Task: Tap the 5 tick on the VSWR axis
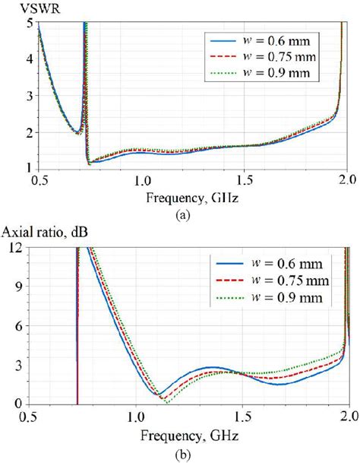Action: tap(30, 22)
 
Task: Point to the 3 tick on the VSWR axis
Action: tap(30, 95)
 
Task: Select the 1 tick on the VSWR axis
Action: tap(30, 167)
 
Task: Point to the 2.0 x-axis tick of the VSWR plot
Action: tap(347, 182)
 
